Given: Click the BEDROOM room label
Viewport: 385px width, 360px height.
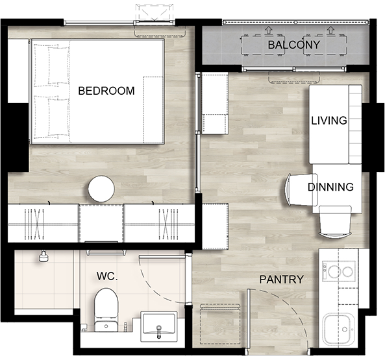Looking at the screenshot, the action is (106, 91).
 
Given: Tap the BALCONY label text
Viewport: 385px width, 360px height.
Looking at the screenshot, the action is (293, 45).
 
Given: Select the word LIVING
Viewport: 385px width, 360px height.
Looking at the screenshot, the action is (329, 121).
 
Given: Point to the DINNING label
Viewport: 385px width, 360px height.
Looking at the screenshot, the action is (330, 187).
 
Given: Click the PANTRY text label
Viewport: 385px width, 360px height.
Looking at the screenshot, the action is (281, 280).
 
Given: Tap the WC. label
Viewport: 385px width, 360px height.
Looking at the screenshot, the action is (107, 276).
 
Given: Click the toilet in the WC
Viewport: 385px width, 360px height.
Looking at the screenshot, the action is (106, 309).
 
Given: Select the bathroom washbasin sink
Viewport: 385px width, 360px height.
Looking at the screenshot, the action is (159, 326).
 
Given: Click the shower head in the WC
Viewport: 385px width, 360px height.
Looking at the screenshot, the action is (43, 256).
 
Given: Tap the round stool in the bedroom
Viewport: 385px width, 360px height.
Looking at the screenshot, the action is (101, 189).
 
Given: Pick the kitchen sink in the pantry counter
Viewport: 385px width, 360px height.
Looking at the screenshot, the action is (339, 329).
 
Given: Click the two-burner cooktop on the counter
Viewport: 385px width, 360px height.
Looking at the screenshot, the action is (339, 270).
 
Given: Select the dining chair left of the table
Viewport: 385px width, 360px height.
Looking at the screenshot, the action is (301, 189).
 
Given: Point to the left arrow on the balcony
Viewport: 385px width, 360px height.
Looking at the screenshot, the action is (269, 30).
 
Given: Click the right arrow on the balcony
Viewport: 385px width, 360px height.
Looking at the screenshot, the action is (330, 30).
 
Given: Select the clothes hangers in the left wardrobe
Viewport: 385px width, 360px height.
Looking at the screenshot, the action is (34, 224).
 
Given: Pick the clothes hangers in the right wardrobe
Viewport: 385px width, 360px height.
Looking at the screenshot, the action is (168, 224).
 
